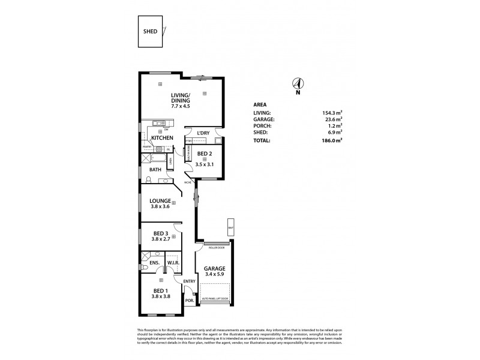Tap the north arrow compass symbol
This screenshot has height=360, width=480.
click(298, 85)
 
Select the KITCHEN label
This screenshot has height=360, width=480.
click(162, 138)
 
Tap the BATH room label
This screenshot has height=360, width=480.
click(155, 170)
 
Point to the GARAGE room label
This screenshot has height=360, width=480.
click(214, 268)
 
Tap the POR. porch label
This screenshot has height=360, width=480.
click(189, 300)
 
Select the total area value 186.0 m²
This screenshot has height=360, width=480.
click(331, 140)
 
